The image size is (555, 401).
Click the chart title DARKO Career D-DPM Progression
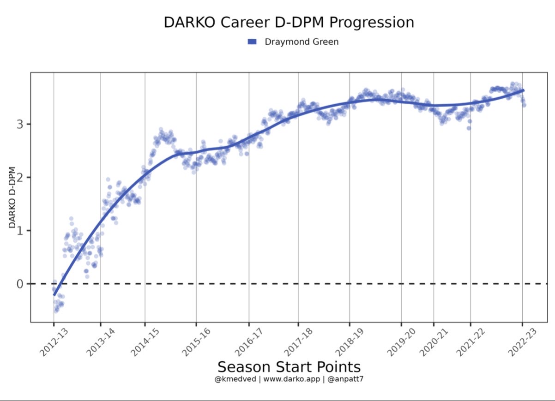[x=289, y=23]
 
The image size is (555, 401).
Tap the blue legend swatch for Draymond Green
[x=252, y=42]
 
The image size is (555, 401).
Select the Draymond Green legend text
[x=302, y=42]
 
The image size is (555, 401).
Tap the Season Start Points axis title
[x=289, y=367]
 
